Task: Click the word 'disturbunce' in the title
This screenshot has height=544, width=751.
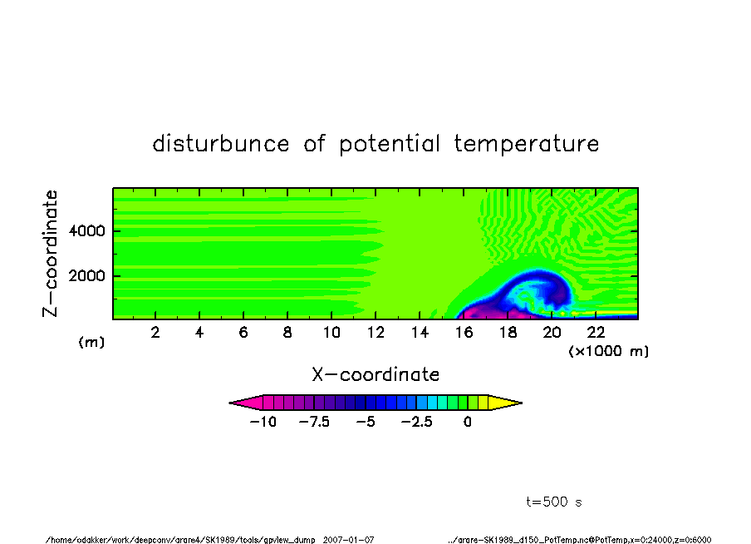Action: coord(221,143)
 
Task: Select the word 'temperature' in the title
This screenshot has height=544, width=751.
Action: coord(527,143)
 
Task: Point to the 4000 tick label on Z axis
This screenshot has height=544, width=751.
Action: coord(86,230)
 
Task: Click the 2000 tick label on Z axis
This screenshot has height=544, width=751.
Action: coord(86,276)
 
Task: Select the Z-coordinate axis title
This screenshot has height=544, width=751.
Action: coord(50,254)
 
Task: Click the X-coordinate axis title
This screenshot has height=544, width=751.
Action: coord(375,374)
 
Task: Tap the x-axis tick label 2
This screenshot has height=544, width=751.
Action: coord(155,332)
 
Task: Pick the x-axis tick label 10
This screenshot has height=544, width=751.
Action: coord(331,332)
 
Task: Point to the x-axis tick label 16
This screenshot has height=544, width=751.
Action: coord(464,332)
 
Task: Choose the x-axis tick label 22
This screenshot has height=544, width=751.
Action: coord(596,332)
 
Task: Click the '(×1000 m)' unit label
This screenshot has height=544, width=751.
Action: coord(609,351)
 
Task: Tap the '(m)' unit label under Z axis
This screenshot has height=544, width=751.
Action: coord(91,342)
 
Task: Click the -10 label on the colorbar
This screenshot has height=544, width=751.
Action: coord(263,422)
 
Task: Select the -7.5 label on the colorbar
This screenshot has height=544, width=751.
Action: coord(314,422)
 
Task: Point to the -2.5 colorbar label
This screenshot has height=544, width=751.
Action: coord(417,422)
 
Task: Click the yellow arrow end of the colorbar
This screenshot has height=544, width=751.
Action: coord(505,403)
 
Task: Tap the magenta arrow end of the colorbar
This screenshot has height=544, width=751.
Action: coord(246,403)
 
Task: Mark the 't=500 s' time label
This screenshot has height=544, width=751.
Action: coord(554,502)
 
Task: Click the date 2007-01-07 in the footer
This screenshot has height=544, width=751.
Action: coord(349,540)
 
